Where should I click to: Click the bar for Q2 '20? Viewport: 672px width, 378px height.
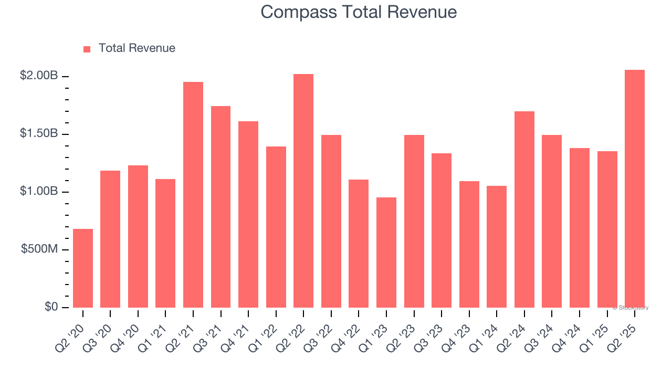[x=83, y=268]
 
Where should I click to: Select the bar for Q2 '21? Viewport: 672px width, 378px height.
[x=193, y=195]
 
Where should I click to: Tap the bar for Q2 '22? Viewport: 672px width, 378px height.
[x=303, y=191]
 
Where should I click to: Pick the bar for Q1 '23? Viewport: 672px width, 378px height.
[x=386, y=253]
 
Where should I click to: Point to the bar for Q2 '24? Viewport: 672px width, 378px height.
[x=524, y=209]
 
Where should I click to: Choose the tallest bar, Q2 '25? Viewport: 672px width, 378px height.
[x=635, y=189]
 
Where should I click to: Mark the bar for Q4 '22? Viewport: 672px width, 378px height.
[x=359, y=244]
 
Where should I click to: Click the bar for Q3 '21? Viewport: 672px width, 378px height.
[x=220, y=207]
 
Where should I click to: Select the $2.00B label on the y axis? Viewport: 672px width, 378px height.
[x=39, y=76]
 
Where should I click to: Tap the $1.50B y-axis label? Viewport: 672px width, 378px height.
[x=39, y=133]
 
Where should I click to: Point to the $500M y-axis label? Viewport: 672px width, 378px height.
[x=39, y=249]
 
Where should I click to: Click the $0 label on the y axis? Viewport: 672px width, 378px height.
[x=51, y=307]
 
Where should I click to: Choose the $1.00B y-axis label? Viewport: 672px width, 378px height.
[x=39, y=191]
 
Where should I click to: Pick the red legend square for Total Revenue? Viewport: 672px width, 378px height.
[x=87, y=49]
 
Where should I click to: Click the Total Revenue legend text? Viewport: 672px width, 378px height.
[x=136, y=48]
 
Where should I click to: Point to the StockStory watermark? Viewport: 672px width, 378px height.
[x=631, y=308]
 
